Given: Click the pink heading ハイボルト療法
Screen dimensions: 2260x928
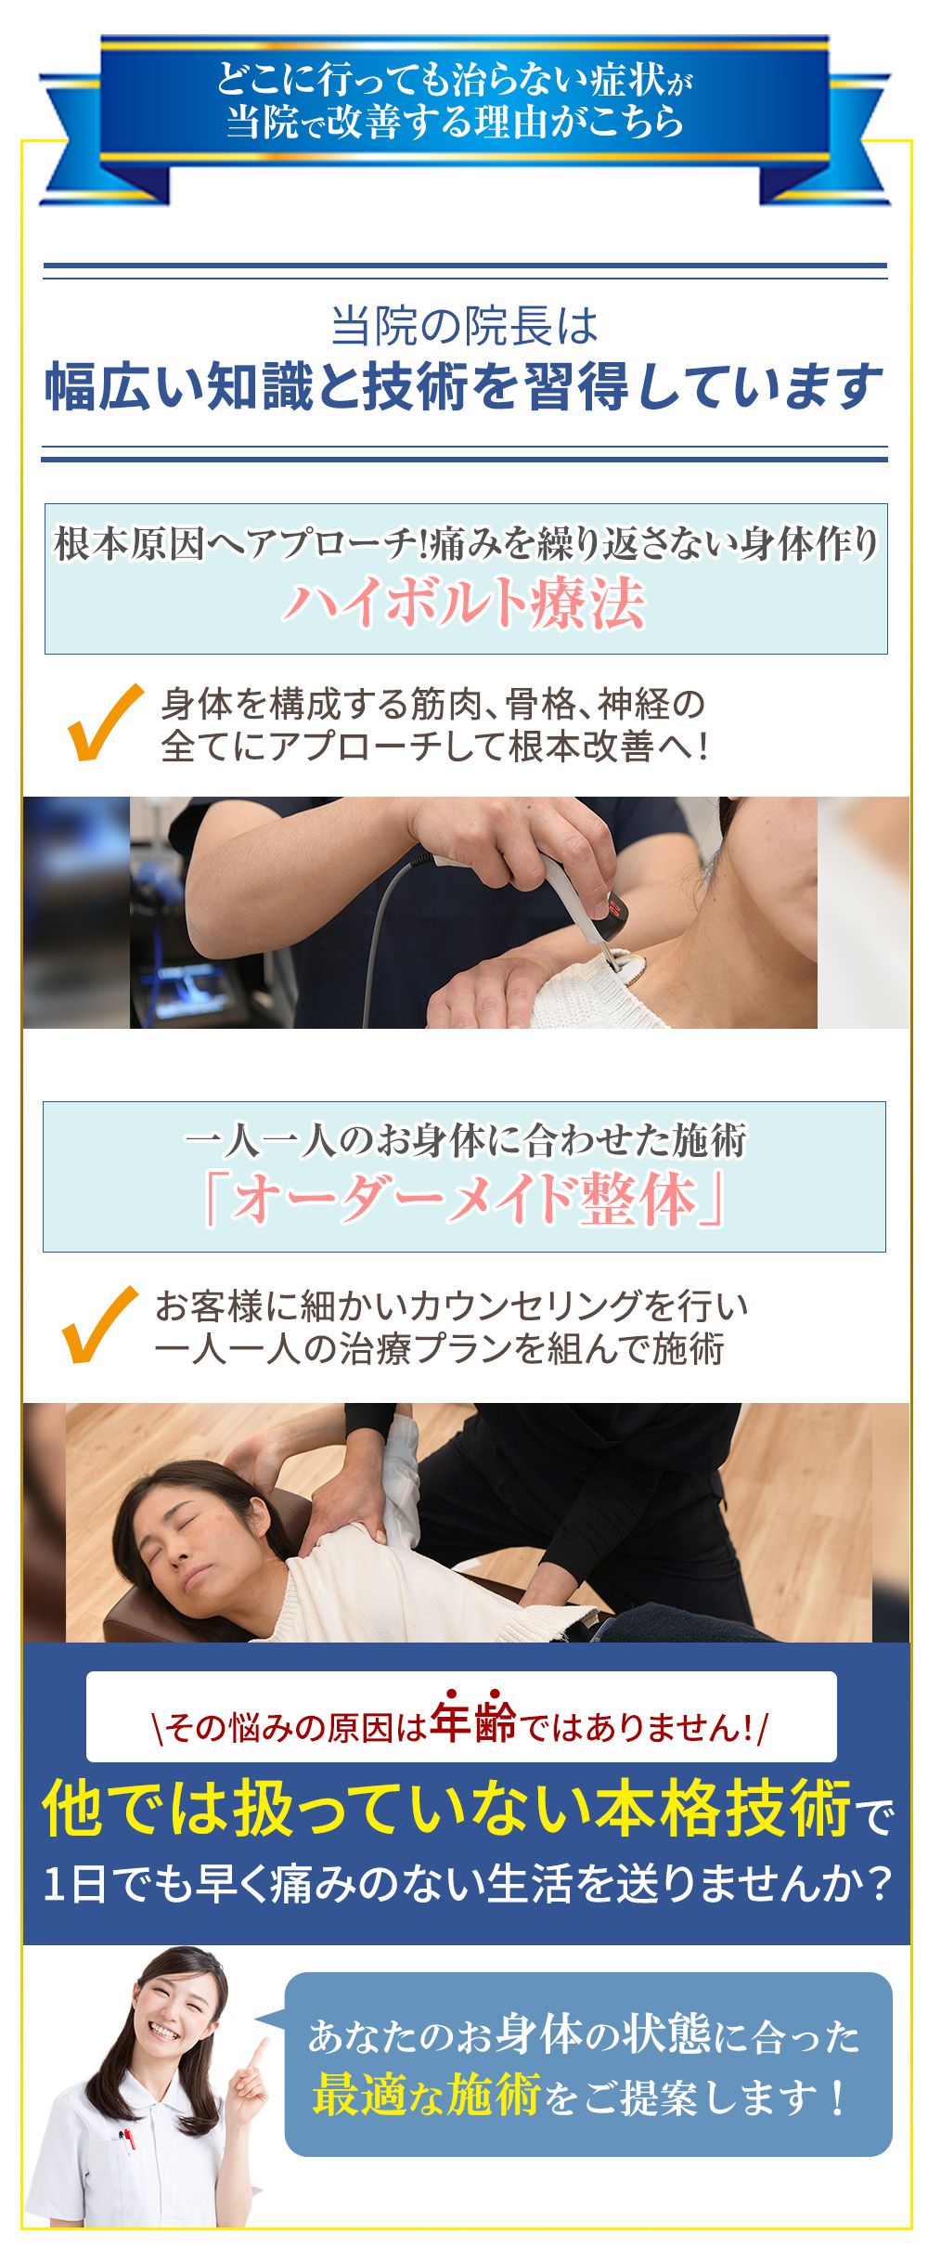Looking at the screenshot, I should (x=464, y=603).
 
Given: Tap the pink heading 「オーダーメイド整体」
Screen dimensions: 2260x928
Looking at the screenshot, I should (x=464, y=1199).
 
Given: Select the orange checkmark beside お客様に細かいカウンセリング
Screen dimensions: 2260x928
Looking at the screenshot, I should (x=98, y=1325).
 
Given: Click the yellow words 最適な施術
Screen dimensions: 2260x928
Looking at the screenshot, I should (x=426, y=2096).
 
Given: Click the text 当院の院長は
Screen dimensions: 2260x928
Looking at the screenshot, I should (x=464, y=326).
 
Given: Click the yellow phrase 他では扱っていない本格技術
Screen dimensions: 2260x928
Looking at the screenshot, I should (x=446, y=1808).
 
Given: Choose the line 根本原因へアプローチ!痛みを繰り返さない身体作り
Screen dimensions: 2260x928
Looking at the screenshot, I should (x=464, y=544).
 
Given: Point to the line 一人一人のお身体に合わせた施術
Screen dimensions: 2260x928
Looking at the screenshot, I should (x=464, y=1140).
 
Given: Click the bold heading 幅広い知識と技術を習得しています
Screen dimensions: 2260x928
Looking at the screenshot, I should (x=464, y=386).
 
